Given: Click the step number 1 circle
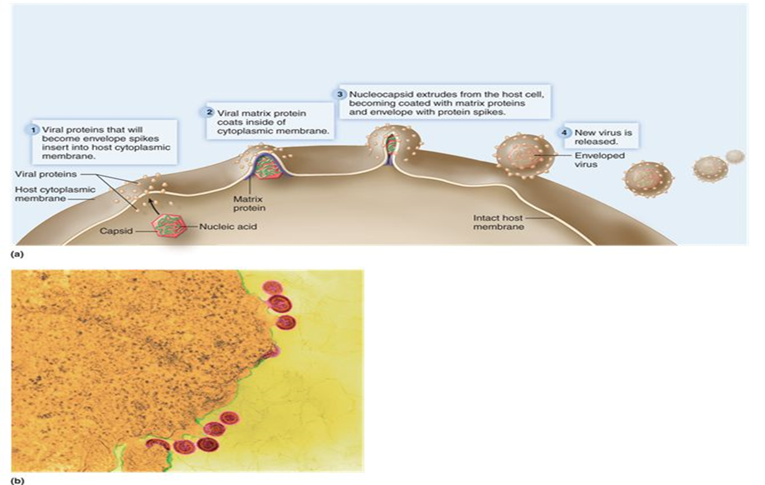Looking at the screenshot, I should point(33,130).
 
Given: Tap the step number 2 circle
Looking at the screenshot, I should point(209,113).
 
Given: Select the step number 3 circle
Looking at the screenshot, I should point(340,94).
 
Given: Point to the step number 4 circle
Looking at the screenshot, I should point(564,133).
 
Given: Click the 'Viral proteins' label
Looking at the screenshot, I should point(46,174).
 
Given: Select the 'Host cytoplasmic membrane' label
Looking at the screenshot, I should point(55,194).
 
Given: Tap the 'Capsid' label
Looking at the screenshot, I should point(116,231).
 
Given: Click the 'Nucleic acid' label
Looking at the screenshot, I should point(228,226).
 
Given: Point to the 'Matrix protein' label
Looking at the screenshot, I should point(249,204).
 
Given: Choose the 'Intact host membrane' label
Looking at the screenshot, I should point(498,222).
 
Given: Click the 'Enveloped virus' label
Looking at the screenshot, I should point(599,160).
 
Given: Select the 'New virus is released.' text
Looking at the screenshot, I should point(603,137).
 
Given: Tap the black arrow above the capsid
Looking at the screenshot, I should point(149,203).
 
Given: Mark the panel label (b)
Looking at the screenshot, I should point(17,480).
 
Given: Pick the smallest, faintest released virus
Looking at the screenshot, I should point(735,156).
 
